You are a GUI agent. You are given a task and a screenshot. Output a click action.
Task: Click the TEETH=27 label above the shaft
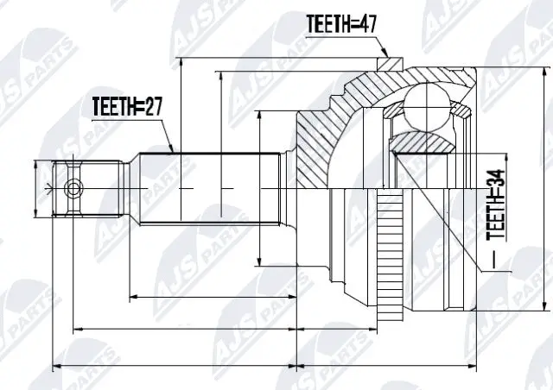pyautogui.click(x=128, y=107)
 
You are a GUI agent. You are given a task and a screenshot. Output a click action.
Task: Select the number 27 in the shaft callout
pyautogui.click(x=153, y=107)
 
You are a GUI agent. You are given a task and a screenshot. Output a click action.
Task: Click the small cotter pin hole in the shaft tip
pyautogui.click(x=74, y=187)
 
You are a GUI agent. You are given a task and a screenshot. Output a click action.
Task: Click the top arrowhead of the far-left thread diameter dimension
pyautogui.click(x=35, y=164)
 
